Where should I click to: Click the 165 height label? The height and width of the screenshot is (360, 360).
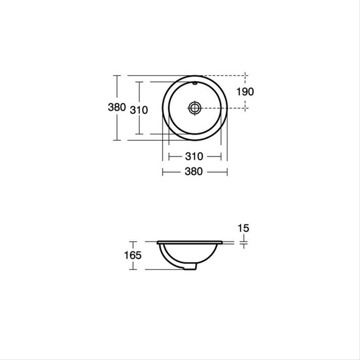(133, 255)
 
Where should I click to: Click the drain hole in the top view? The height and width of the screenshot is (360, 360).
(194, 107)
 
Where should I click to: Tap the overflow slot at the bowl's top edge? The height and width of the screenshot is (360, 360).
(195, 82)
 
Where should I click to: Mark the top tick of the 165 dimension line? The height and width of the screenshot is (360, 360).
(134, 241)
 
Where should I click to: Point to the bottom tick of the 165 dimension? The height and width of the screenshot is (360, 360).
(134, 269)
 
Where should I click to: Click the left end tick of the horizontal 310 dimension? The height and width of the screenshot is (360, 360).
(169, 156)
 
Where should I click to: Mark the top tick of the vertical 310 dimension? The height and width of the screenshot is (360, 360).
(138, 81)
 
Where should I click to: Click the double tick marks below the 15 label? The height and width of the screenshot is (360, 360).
(243, 242)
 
